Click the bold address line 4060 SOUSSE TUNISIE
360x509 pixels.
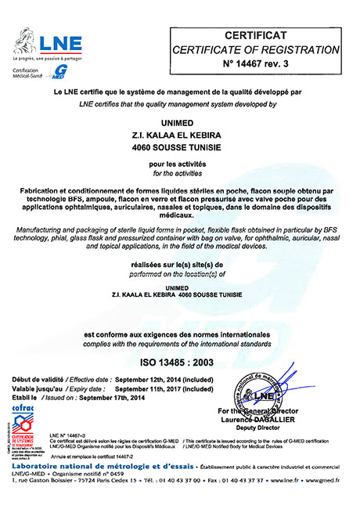coord(179,147)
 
